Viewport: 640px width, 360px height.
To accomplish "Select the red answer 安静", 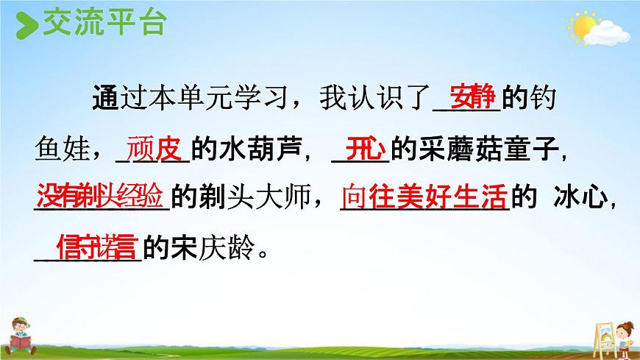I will (473, 99).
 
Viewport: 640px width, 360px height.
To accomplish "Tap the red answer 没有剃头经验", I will (101, 196).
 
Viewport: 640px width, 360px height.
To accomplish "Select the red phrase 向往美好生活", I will (424, 196).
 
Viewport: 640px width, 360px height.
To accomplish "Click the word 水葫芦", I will (257, 150).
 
